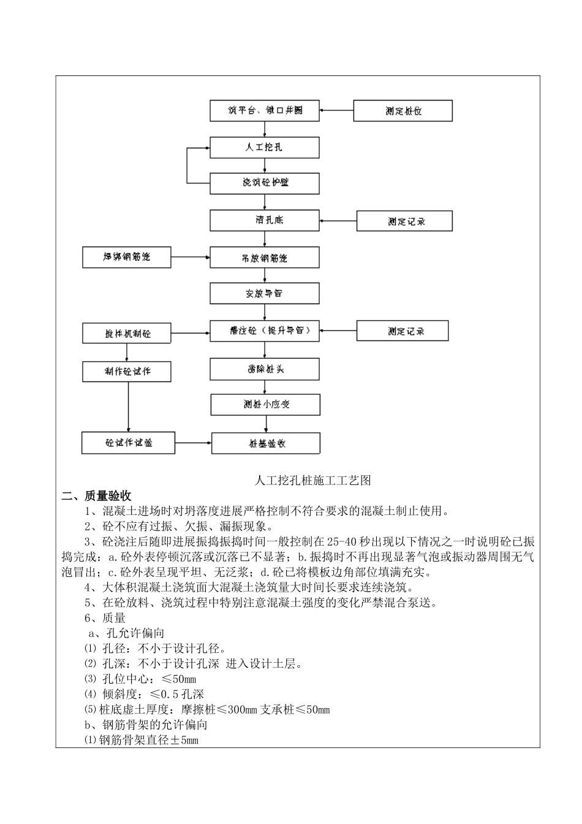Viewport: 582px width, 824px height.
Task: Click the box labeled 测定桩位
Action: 403,111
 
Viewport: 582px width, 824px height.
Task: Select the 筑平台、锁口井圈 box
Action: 265,110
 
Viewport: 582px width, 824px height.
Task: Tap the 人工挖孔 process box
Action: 265,147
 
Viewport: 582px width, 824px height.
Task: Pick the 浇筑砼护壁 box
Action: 265,183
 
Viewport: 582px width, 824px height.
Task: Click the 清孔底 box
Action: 265,220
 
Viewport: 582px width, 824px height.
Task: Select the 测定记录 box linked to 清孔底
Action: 404,221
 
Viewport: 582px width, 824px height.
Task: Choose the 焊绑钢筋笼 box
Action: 127,257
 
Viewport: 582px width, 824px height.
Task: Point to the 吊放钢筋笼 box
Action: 265,257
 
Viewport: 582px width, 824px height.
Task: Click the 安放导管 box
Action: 265,294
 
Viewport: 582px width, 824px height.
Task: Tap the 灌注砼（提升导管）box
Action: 265,331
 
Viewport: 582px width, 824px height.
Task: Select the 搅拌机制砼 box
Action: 127,334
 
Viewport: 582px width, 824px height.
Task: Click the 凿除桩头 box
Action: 265,369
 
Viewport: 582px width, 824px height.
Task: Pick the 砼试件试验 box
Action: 128,443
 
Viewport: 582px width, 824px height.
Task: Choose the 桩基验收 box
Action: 266,443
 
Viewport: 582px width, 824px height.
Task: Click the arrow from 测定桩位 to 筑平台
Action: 336,111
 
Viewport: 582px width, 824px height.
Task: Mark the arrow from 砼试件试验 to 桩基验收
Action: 193,442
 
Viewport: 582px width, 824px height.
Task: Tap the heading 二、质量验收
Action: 97,496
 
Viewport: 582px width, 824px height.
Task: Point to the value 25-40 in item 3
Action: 341,542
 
